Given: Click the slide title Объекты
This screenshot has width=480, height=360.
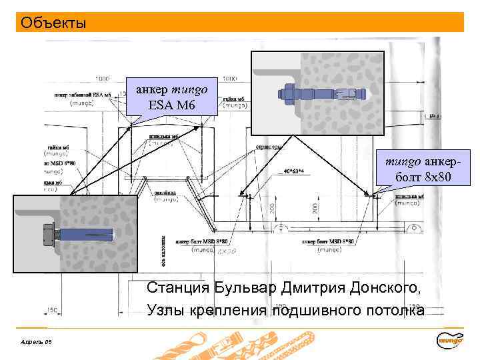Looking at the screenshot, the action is (x=53, y=23).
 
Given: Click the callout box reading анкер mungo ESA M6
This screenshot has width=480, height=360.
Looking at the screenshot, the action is (x=172, y=97).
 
